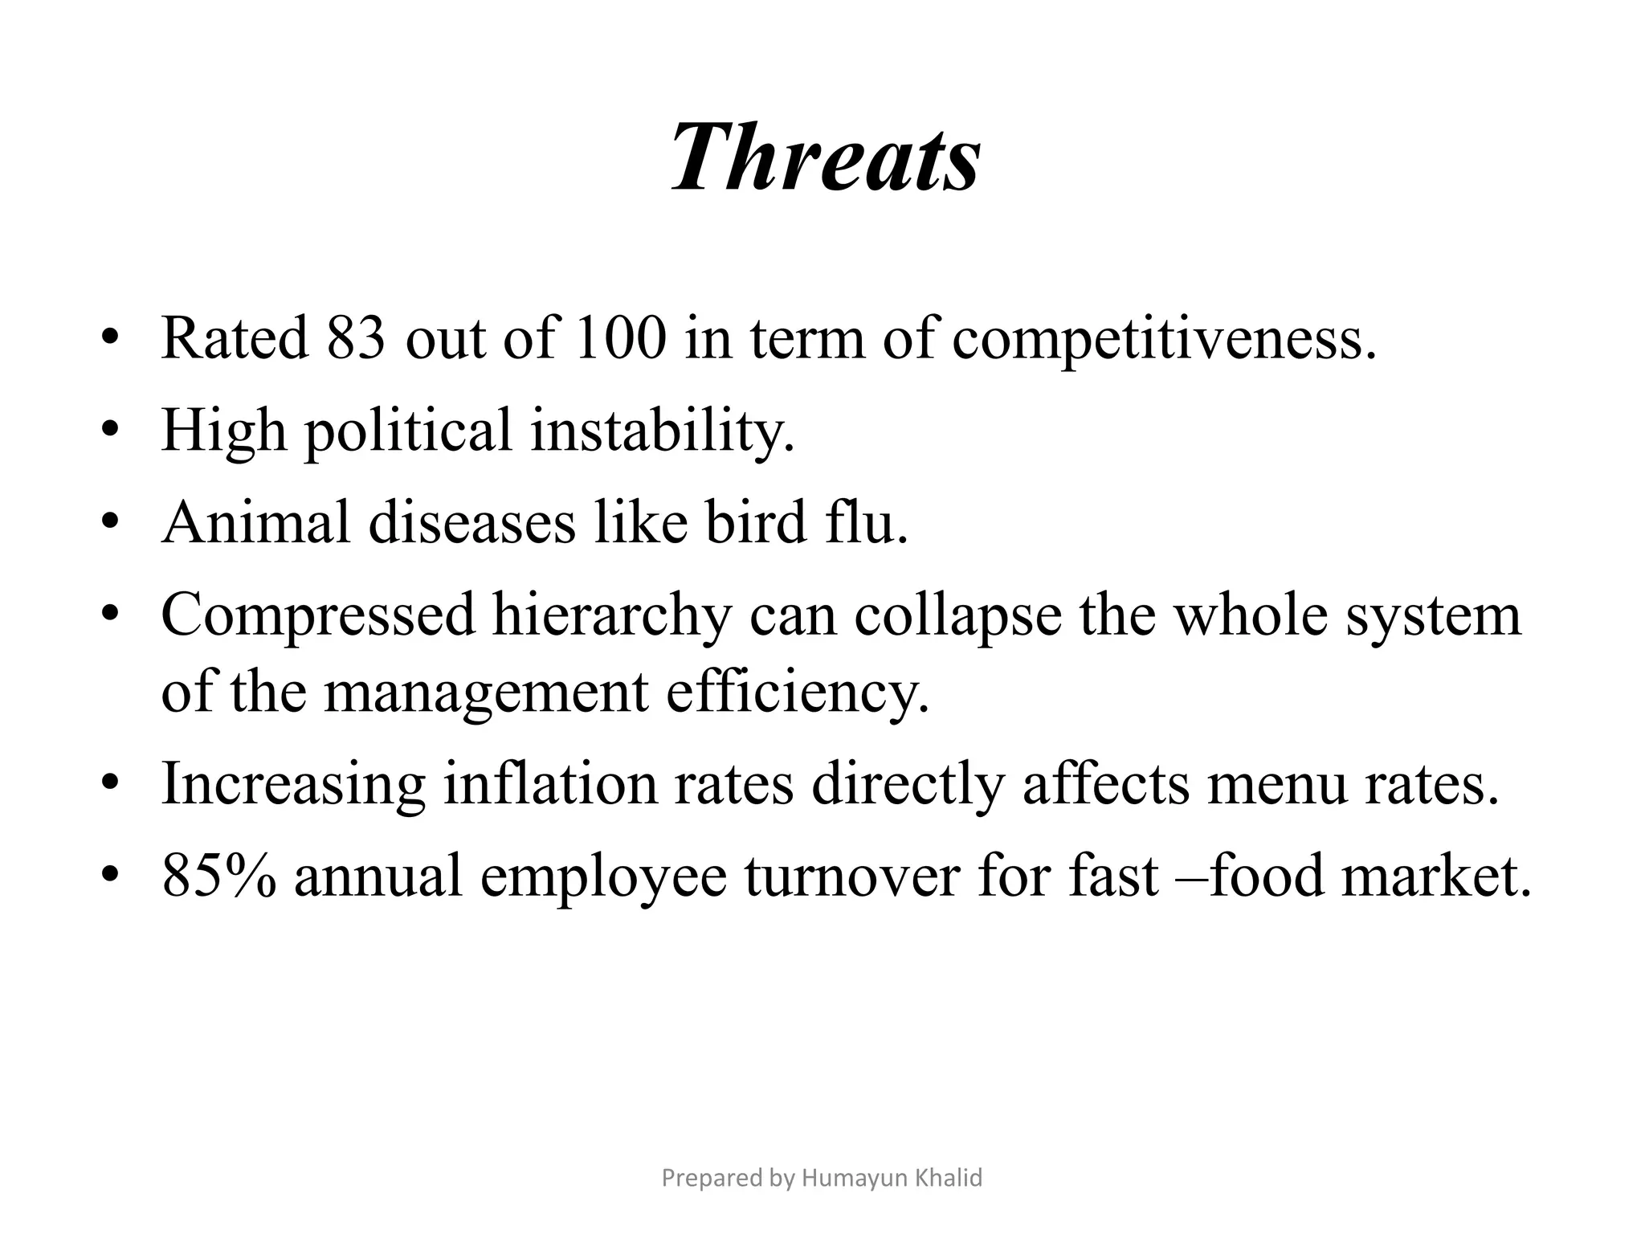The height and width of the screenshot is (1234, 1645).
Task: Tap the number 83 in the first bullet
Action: pyautogui.click(x=356, y=337)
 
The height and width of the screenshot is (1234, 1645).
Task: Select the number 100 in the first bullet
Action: pyautogui.click(x=620, y=337)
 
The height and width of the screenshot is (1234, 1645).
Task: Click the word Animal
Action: pyautogui.click(x=256, y=522)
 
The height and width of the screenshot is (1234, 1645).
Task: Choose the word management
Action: pyautogui.click(x=485, y=693)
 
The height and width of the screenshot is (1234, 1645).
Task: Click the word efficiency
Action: pyautogui.click(x=797, y=693)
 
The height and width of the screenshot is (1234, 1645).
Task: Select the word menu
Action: pyautogui.click(x=1276, y=783)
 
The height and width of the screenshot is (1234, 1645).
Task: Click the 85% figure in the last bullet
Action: pyautogui.click(x=219, y=874)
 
